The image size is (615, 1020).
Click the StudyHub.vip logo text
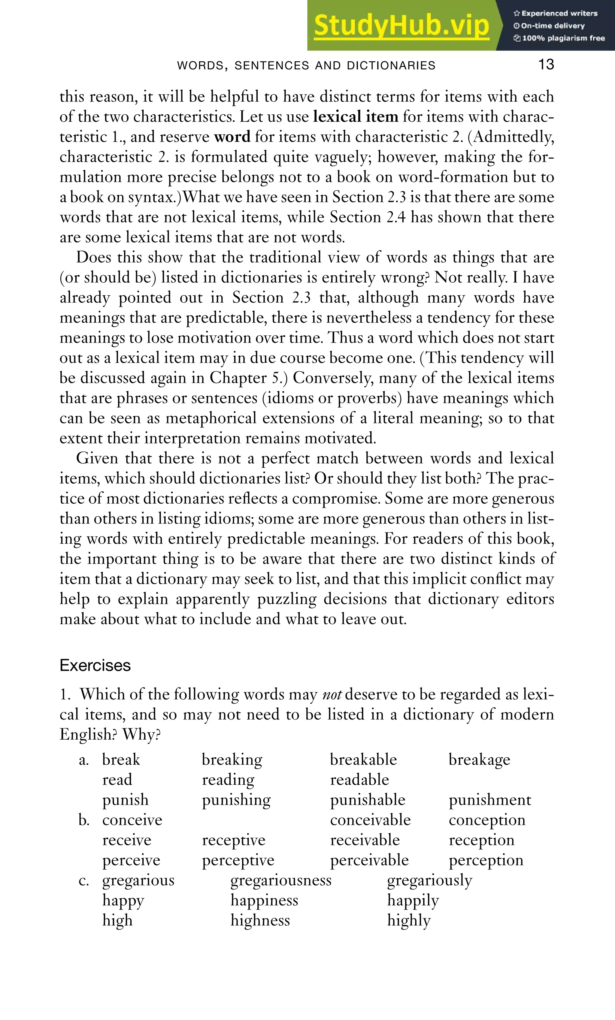point(401,26)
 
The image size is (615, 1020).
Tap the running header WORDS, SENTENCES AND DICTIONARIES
point(306,65)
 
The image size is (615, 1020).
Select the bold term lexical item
point(355,117)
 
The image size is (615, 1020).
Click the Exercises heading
point(95,665)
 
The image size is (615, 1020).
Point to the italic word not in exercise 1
point(332,695)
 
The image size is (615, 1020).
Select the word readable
point(359,780)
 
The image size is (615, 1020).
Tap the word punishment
point(489,800)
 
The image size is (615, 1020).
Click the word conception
point(486,820)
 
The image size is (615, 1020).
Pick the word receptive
point(233,840)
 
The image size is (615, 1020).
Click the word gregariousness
point(281,880)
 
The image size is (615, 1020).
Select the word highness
point(260,921)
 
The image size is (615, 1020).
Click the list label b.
point(84,820)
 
